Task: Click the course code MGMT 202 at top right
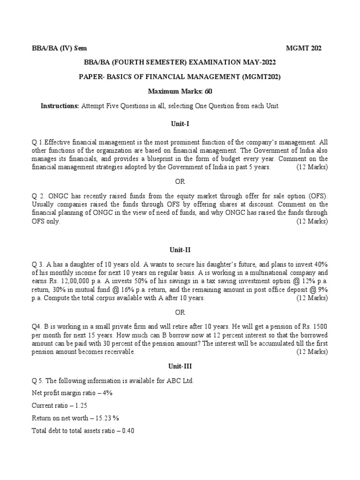[304, 48]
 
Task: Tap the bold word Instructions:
[60, 106]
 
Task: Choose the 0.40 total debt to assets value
[128, 431]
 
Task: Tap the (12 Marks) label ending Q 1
[312, 167]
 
